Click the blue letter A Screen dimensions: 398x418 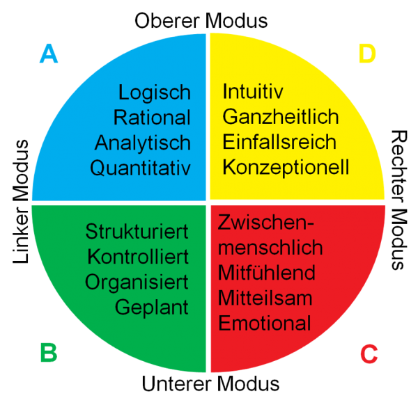click(48, 54)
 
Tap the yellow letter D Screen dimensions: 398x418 click(367, 54)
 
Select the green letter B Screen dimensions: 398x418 click(48, 353)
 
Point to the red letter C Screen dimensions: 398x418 click(369, 353)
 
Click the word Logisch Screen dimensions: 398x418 click(154, 93)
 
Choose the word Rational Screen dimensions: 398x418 click(152, 118)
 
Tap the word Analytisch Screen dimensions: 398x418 click(143, 143)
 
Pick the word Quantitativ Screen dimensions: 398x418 click(140, 168)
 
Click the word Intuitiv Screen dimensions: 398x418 click(254, 91)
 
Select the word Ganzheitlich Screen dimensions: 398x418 click(281, 117)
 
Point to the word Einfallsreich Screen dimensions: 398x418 click(279, 142)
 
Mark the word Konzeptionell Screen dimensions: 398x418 click(286, 167)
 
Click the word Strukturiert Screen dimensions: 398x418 click(137, 231)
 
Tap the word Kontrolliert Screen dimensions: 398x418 click(138, 256)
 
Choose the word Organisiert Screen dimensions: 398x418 click(137, 282)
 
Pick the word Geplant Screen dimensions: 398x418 click(152, 307)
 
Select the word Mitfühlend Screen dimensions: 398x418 click(267, 272)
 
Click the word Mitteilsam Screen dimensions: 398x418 click(265, 298)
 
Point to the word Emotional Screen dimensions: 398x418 click(265, 323)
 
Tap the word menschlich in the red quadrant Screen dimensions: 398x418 click(270, 247)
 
